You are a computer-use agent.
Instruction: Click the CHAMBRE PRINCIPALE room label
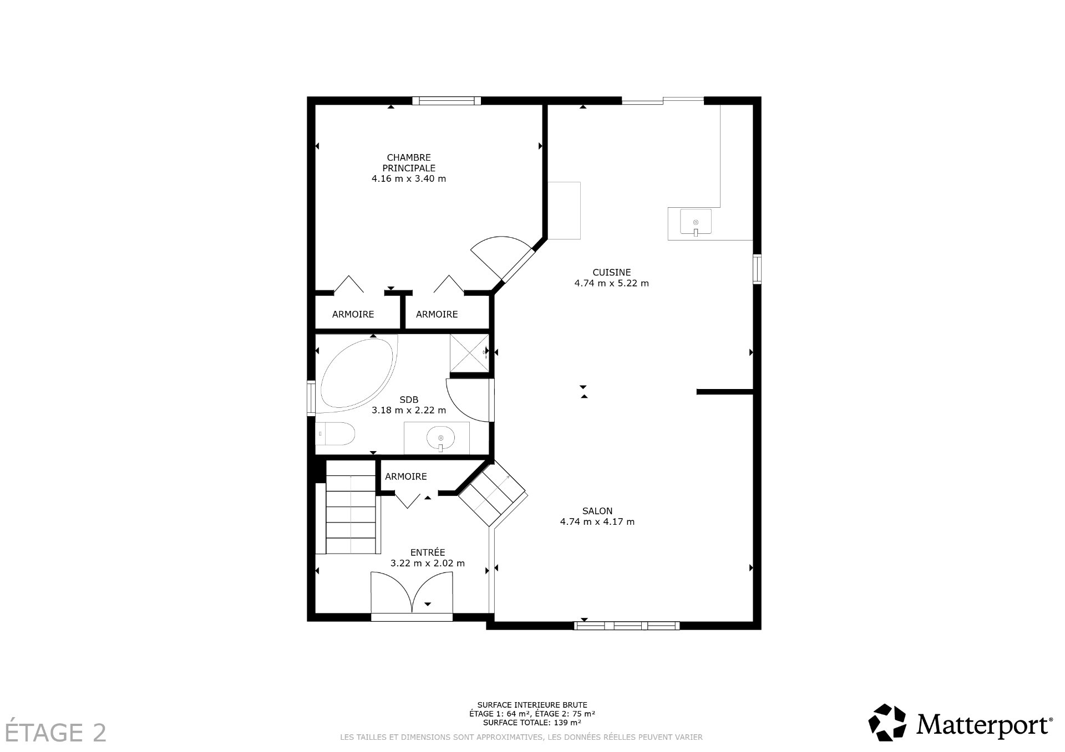tap(409, 162)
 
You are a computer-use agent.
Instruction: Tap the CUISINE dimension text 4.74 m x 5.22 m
tap(611, 283)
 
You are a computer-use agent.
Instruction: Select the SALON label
tap(597, 511)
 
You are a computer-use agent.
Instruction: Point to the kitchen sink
tap(696, 223)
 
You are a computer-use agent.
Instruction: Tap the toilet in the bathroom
tap(336, 434)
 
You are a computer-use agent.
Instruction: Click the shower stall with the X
tap(469, 353)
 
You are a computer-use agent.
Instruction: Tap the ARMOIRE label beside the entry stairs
tap(405, 477)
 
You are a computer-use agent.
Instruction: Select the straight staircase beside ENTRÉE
tap(351, 507)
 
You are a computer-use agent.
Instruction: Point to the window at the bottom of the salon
tap(626, 626)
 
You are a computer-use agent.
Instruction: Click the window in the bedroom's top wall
tap(447, 101)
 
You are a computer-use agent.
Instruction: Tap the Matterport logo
tap(960, 723)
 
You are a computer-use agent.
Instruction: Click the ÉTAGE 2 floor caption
tap(54, 733)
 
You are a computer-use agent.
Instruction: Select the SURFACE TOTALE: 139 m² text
tap(532, 723)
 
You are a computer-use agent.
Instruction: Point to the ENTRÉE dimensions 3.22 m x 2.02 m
tap(427, 563)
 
